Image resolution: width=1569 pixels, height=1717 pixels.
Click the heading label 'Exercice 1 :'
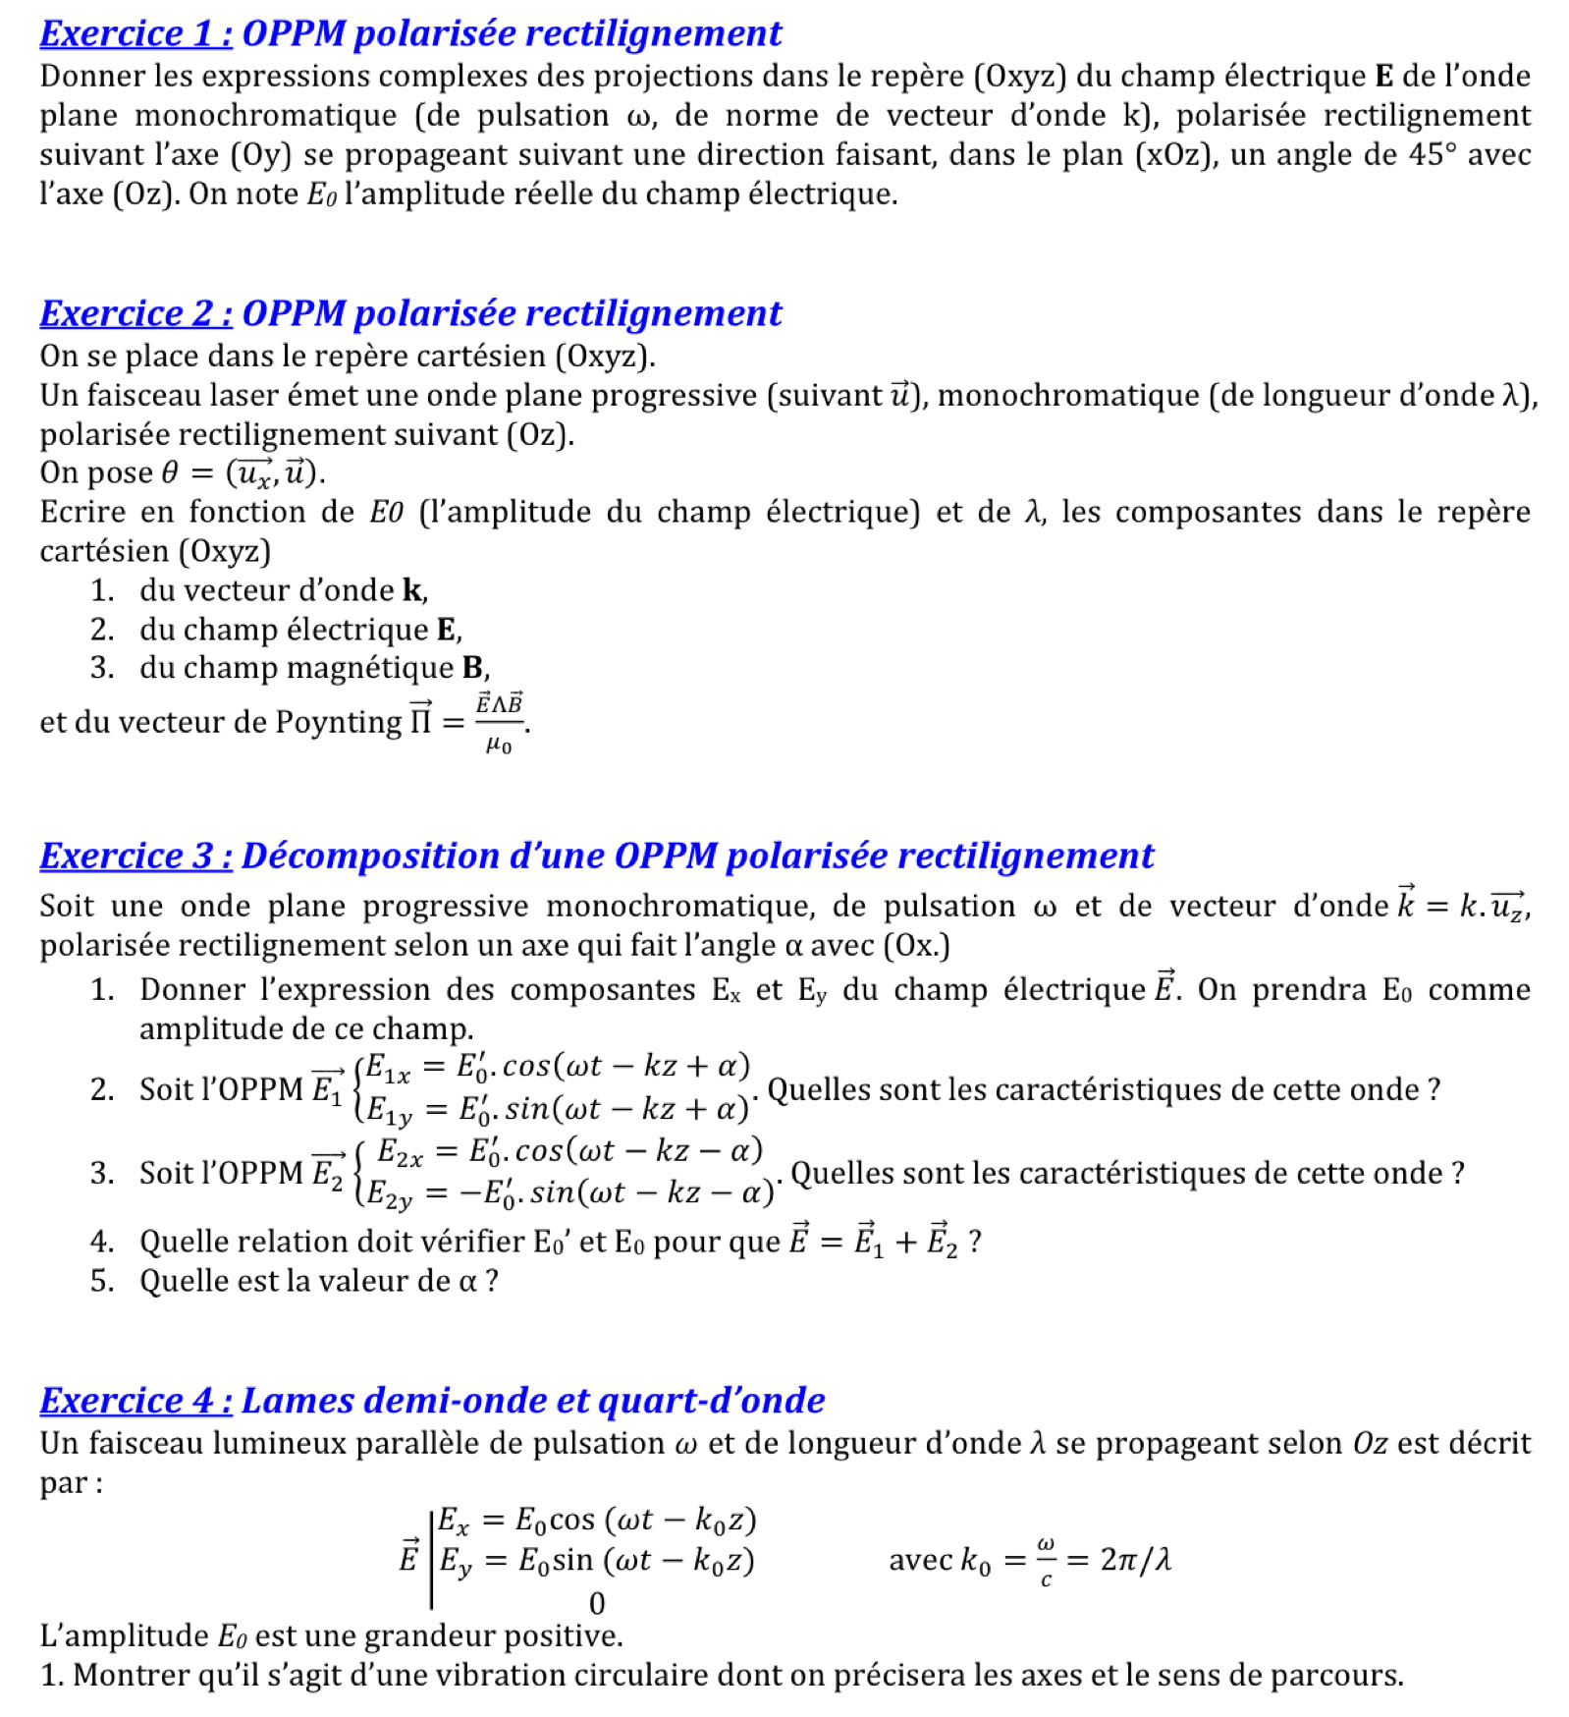click(136, 33)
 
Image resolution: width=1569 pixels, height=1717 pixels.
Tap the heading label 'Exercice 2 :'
click(136, 313)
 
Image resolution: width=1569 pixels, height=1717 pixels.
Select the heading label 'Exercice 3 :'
click(136, 856)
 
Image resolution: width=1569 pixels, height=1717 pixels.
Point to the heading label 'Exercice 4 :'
click(136, 1400)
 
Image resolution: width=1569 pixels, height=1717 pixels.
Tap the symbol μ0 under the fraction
click(499, 746)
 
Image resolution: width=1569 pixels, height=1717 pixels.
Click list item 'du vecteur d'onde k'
click(283, 590)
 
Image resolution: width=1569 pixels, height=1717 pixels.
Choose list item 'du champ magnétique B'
click(314, 668)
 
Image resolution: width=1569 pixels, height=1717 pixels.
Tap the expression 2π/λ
click(1136, 1560)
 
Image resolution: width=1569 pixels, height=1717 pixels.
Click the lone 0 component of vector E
click(597, 1604)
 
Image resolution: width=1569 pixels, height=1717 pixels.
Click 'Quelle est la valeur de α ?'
click(318, 1281)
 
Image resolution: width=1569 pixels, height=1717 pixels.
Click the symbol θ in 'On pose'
click(170, 473)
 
